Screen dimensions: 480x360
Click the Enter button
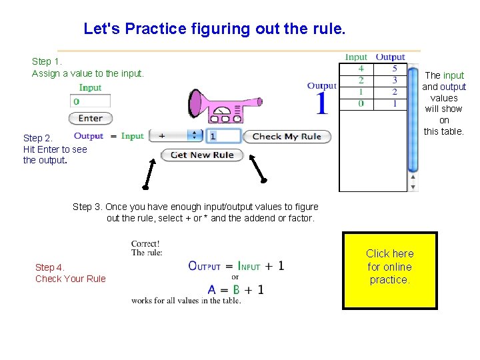click(x=90, y=118)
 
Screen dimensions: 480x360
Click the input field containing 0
click(x=90, y=101)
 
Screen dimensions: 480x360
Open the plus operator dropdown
click(x=175, y=136)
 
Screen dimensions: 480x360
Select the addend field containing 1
click(x=223, y=136)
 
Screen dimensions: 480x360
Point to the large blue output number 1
click(x=322, y=104)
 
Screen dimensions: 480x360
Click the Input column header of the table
click(x=357, y=57)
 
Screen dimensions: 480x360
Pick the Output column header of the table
click(x=390, y=57)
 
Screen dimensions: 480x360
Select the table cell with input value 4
click(x=361, y=69)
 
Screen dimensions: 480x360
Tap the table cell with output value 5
click(x=394, y=69)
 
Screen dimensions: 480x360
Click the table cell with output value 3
click(x=394, y=80)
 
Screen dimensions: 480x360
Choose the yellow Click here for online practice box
click(x=389, y=270)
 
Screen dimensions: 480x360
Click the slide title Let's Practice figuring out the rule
click(x=215, y=29)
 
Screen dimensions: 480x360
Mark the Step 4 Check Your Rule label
click(x=70, y=273)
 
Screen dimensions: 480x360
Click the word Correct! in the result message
click(x=145, y=243)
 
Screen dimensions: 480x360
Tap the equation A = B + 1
click(x=236, y=290)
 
